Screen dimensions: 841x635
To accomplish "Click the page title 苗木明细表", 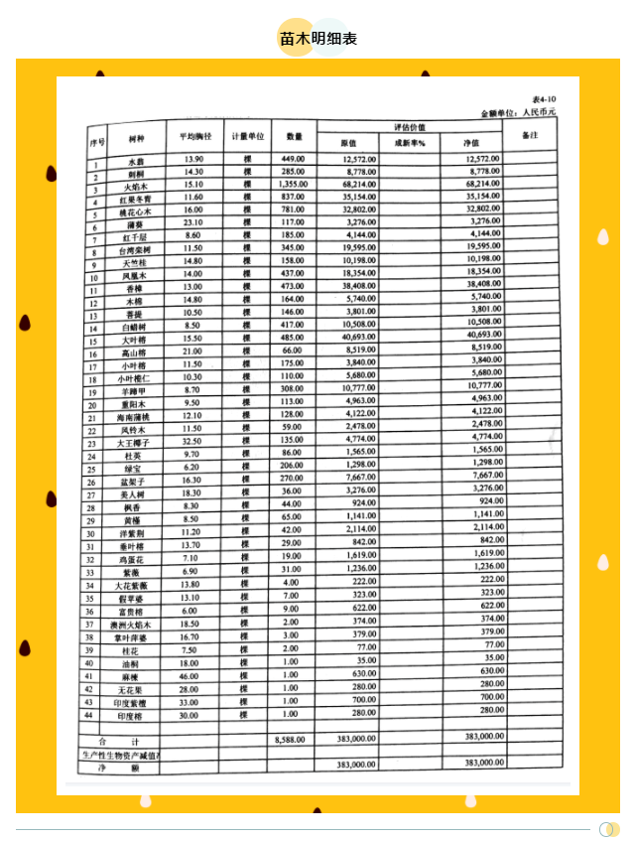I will point(317,39).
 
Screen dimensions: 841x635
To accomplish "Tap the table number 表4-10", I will point(544,100).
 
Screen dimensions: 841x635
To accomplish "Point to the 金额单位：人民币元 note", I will point(520,114).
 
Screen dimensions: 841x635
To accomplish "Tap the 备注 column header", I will point(529,135).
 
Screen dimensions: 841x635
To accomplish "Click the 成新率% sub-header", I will point(409,143).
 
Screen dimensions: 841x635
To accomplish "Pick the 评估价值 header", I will point(410,128).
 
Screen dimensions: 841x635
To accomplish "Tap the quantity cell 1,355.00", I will point(293,184).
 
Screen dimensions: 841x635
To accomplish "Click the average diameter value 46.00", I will point(190,676).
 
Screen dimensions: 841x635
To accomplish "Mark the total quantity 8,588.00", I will point(291,740).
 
